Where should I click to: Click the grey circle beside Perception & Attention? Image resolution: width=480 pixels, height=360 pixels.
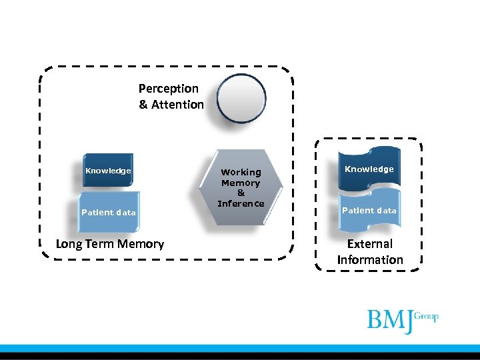pos(242,99)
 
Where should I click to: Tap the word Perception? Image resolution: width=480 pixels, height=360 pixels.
pos(168,88)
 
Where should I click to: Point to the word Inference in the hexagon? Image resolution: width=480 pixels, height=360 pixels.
pos(241,204)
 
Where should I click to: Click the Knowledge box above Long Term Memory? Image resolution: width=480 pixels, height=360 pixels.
pos(108,171)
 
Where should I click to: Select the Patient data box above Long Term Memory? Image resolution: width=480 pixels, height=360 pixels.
pos(108,213)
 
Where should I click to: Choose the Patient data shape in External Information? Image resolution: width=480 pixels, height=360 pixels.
pos(369,211)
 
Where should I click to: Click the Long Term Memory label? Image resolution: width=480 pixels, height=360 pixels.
pos(110,244)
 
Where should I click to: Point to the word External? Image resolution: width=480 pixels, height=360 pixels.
pos(370,244)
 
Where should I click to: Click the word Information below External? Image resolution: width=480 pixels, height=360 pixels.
pos(370,260)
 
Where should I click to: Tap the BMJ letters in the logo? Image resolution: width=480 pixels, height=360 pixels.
pos(389,320)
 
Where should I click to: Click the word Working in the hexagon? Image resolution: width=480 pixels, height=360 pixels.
pos(241,172)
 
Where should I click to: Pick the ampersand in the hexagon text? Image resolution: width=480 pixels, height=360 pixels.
pos(241,193)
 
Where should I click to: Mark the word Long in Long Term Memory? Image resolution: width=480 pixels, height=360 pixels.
pos(68,244)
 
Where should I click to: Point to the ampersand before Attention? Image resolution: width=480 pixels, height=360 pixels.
pos(143,105)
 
